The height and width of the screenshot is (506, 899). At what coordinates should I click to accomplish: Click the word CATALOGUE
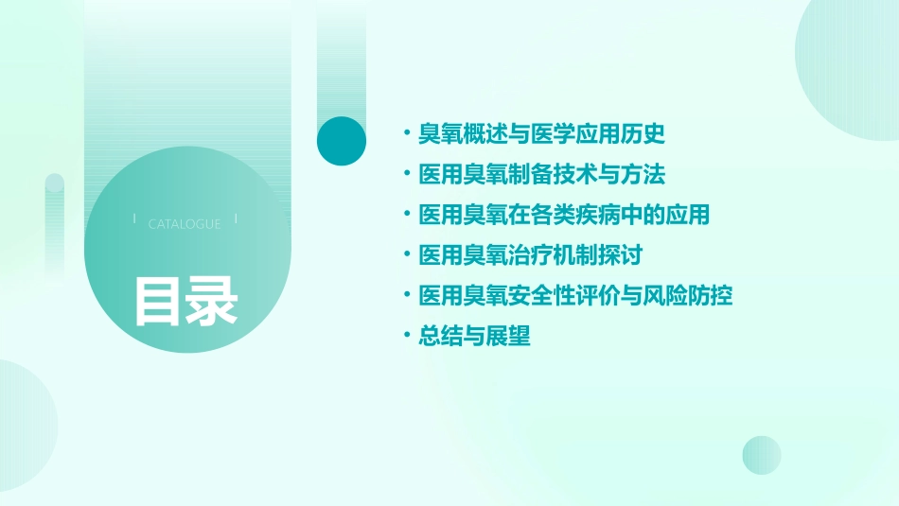coord(185,224)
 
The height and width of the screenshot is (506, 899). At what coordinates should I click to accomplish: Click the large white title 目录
coord(185,301)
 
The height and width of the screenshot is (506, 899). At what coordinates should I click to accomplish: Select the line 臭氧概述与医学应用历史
coord(542,134)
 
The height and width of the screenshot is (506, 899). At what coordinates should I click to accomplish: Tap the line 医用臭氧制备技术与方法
coord(542,175)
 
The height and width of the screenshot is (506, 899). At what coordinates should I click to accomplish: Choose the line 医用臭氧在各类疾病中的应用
coord(564,215)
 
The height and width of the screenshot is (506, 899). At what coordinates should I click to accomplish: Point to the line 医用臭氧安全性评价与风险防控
coord(575,296)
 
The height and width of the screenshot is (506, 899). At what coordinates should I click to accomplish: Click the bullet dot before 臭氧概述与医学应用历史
coord(406,134)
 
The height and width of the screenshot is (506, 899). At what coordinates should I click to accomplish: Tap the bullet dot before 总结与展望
coord(406,336)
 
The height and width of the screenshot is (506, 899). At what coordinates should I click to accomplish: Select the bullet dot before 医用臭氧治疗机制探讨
coord(406,255)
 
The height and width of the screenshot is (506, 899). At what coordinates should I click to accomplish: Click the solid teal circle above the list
coord(342,141)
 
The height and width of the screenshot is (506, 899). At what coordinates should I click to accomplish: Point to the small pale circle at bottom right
coord(762,455)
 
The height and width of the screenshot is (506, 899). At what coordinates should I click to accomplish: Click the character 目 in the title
coord(157,301)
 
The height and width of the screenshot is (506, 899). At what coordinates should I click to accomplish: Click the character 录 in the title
coord(212,301)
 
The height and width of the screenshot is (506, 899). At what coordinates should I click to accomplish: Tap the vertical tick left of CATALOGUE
coord(133,219)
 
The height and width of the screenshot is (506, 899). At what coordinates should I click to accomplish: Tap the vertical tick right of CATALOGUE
coord(236,219)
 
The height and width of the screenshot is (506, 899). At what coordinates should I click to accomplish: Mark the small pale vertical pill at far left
coord(54,222)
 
